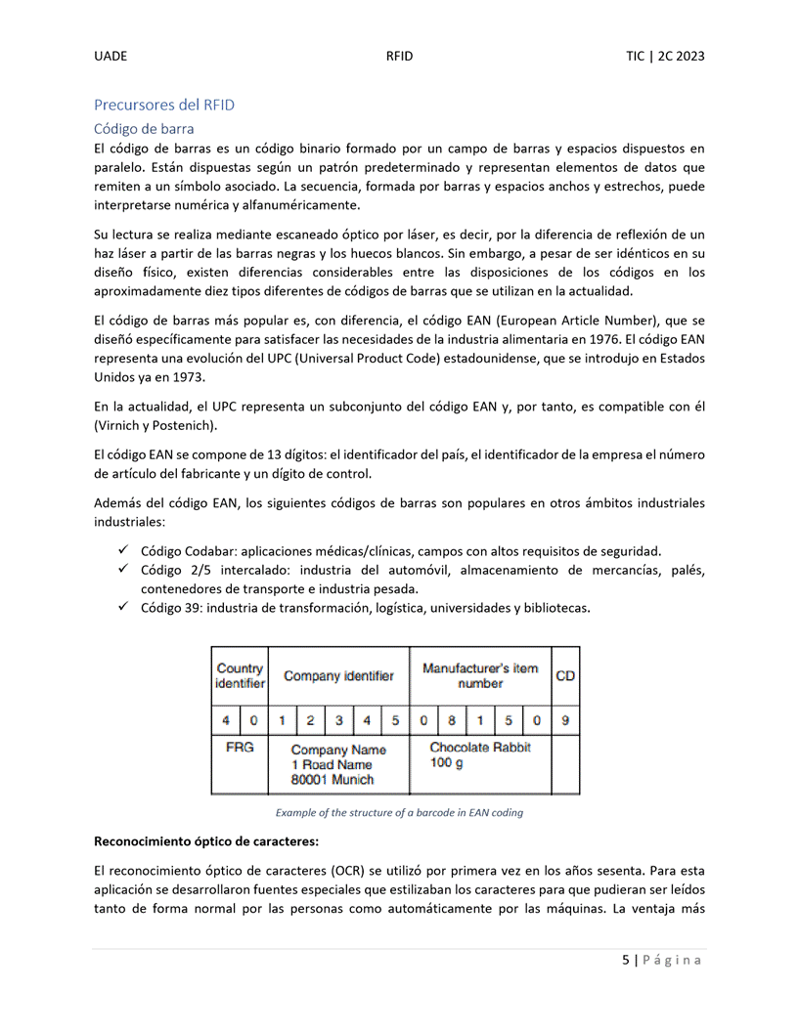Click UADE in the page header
coord(111,56)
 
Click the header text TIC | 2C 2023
coord(665,56)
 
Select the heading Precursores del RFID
coord(163,105)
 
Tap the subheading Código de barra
coord(143,128)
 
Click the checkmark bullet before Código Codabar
coord(123,550)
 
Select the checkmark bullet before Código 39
coord(123,607)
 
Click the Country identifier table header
coord(240,675)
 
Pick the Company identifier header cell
coord(338,675)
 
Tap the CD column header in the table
coord(565,675)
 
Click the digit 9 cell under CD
coord(565,721)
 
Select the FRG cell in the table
coord(240,748)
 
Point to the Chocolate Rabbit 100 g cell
coord(479,754)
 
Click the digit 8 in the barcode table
coord(452,721)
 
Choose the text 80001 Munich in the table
coord(333,780)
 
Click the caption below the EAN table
coord(399,812)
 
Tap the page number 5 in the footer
coord(626,960)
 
